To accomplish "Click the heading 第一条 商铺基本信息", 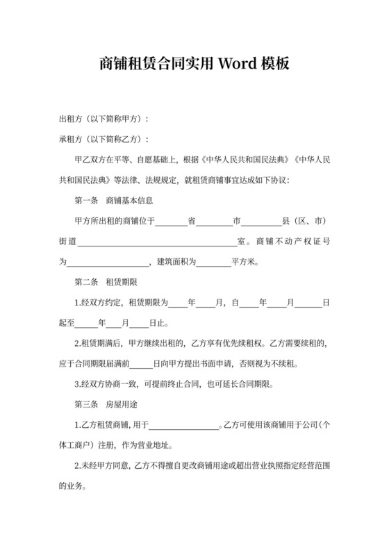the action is click(113, 201).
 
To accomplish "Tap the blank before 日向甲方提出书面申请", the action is click(141, 364).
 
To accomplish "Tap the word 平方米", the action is click(242, 262).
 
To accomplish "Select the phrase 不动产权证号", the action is click(299, 242).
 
